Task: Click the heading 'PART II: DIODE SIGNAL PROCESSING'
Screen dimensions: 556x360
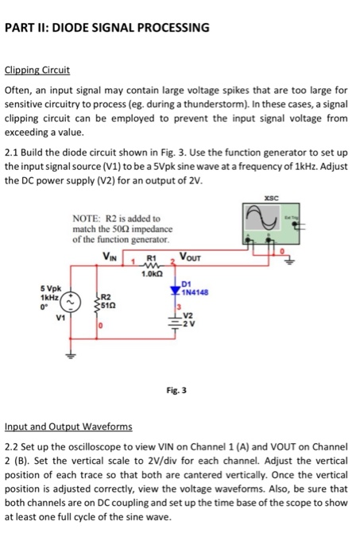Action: point(107,28)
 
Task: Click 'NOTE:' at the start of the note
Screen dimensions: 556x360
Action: point(87,218)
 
